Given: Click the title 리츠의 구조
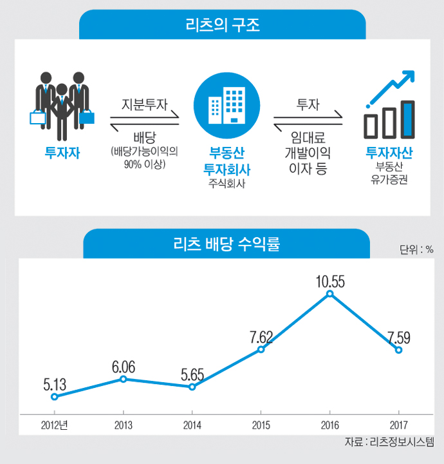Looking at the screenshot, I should pyautogui.click(x=222, y=26).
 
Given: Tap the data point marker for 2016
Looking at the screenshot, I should pyautogui.click(x=329, y=294).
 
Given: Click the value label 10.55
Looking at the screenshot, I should pyautogui.click(x=330, y=281).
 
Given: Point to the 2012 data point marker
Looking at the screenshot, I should pyautogui.click(x=54, y=397).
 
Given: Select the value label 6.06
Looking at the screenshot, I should pyautogui.click(x=124, y=367).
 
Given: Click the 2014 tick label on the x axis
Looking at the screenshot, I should pyautogui.click(x=192, y=425).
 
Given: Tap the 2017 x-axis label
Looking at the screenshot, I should pyautogui.click(x=398, y=425).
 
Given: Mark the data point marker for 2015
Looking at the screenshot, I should pyautogui.click(x=261, y=349).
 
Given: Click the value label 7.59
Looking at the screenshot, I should pyautogui.click(x=399, y=338).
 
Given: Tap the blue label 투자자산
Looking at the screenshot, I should pyautogui.click(x=388, y=153).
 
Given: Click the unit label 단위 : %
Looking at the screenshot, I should pyautogui.click(x=416, y=249).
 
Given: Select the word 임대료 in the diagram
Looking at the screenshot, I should pyautogui.click(x=308, y=139).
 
